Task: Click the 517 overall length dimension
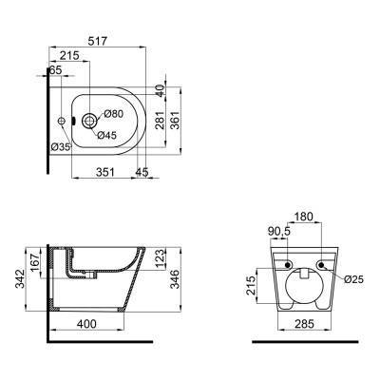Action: [x=98, y=41]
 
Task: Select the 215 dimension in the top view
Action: [x=69, y=55]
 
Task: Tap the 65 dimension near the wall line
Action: [x=55, y=70]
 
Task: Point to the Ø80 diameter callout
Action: [x=113, y=114]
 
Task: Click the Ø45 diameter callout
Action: [x=107, y=135]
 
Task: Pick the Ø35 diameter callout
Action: [x=61, y=147]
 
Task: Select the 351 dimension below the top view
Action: [x=104, y=172]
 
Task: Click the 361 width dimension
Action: [x=175, y=120]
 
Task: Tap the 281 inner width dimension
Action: [x=161, y=120]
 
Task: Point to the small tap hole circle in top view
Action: [x=62, y=121]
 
